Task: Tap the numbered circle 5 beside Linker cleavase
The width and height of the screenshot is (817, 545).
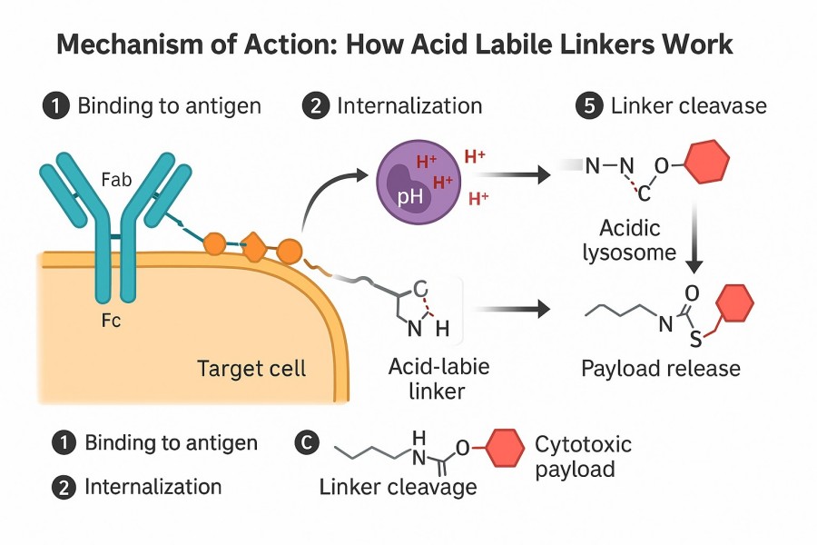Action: (588, 105)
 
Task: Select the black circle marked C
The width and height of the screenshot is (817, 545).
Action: (308, 443)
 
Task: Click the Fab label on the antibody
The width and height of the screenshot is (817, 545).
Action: (117, 180)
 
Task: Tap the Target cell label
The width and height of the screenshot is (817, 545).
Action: (251, 369)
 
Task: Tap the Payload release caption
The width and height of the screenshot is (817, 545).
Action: (661, 369)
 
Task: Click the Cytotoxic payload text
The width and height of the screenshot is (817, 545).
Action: (583, 457)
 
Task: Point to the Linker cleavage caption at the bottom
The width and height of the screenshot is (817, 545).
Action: (398, 487)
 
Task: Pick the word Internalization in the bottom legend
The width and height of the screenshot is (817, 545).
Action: (153, 487)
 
